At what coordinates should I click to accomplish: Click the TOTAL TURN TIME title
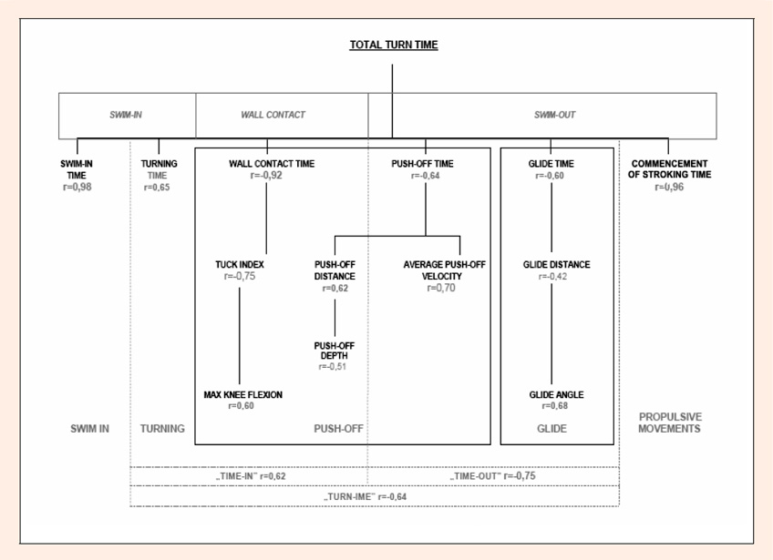(394, 45)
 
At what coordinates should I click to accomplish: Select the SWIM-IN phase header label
(126, 115)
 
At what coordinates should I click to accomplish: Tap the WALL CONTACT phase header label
(273, 115)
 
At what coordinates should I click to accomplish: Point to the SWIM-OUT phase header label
(554, 115)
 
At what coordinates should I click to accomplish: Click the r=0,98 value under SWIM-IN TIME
(77, 187)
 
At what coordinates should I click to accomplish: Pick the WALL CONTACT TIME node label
(272, 164)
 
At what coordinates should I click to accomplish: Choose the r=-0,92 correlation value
(266, 176)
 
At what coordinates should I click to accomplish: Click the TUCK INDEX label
(240, 264)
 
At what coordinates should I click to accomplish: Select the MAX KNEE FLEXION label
(243, 394)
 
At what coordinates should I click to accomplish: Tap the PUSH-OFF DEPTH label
(335, 351)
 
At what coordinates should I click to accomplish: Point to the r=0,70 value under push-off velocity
(441, 288)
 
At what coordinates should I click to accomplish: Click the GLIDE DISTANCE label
(557, 264)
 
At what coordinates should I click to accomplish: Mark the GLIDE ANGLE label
(557, 394)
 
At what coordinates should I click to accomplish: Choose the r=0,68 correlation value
(555, 406)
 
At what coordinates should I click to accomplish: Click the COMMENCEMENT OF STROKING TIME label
(669, 169)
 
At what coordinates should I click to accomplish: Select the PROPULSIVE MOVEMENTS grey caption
(670, 423)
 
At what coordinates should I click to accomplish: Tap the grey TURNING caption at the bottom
(162, 429)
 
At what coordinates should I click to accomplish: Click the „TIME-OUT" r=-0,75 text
(492, 476)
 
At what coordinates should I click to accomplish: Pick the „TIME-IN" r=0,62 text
(251, 476)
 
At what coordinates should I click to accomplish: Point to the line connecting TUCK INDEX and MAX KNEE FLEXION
(240, 335)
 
